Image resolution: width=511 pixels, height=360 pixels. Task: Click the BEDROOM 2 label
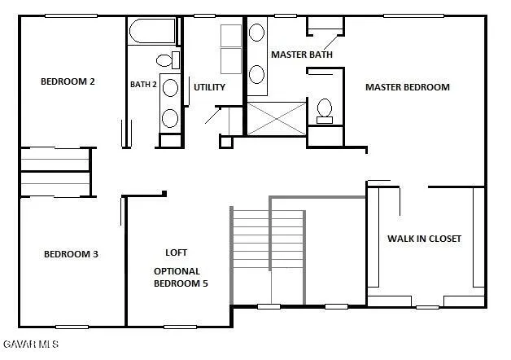coord(68,81)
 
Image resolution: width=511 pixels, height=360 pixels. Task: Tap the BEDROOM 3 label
coord(71,254)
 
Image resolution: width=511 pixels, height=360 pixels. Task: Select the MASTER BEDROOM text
coord(407,87)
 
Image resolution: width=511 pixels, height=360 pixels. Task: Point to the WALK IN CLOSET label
coord(424,239)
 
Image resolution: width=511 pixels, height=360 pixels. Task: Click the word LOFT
coord(177,252)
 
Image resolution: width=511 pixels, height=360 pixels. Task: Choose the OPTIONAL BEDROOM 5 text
coord(177,277)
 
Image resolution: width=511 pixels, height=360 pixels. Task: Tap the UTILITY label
coord(209,87)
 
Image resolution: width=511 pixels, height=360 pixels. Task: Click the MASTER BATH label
coord(302,55)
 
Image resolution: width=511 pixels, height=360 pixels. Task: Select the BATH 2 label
coord(144,84)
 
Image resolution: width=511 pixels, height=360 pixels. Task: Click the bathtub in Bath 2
coord(151,33)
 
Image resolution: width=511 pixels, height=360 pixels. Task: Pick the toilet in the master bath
coord(325,110)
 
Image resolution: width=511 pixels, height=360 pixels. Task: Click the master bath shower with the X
coord(277,119)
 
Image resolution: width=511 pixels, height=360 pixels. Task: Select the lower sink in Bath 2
coord(170,116)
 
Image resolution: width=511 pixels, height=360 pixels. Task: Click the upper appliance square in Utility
coord(231,36)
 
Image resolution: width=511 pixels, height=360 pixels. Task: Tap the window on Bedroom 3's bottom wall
coord(72,327)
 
